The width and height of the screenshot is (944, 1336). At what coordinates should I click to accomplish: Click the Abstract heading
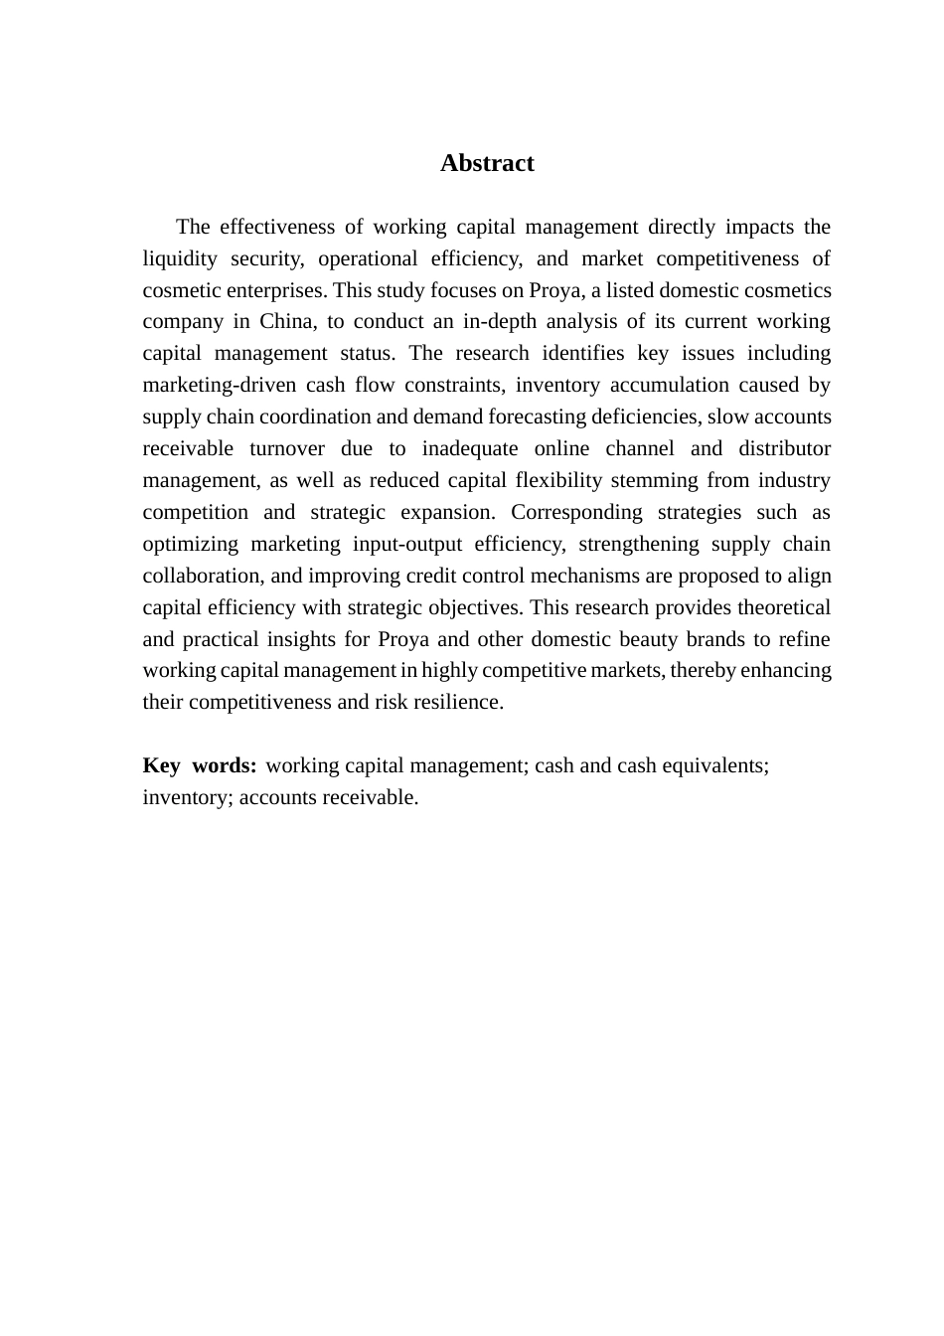[487, 163]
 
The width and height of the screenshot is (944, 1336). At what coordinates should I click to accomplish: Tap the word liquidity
[180, 258]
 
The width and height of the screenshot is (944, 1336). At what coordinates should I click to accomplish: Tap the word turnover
[287, 448]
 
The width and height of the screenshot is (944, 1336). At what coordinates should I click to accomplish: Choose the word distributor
[784, 448]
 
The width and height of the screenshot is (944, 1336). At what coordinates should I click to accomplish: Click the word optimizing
[190, 544]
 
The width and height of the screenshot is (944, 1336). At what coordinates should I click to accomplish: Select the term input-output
[406, 544]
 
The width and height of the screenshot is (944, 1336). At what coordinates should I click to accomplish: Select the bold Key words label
[200, 765]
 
